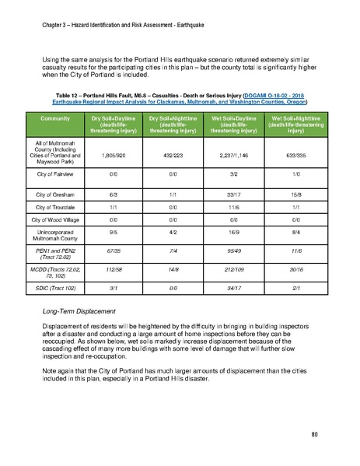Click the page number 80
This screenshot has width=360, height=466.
(x=314, y=433)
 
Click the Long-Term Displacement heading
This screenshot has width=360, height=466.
(x=82, y=311)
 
